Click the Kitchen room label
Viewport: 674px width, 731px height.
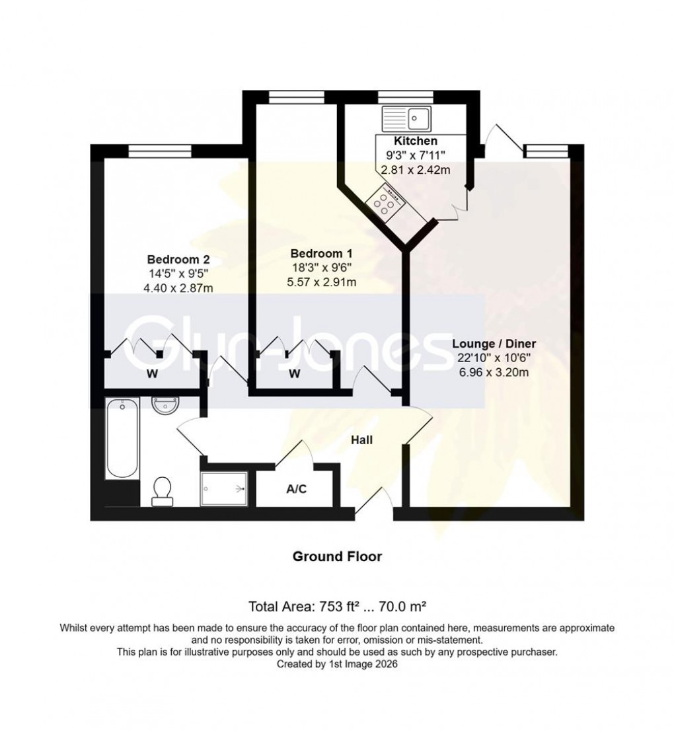[415, 141]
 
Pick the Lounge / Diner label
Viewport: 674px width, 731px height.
[494, 344]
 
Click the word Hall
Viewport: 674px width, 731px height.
[361, 439]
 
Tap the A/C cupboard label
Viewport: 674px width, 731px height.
[296, 490]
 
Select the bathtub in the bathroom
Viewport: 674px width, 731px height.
[122, 437]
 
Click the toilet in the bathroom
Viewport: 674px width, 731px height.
[161, 490]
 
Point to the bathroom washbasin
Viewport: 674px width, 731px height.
[164, 406]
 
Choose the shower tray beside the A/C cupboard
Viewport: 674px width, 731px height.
[225, 489]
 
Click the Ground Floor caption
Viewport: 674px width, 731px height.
[337, 557]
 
